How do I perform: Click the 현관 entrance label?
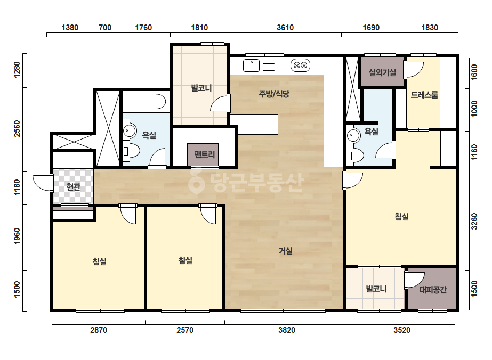click(74, 187)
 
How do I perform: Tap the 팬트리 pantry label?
click(204, 154)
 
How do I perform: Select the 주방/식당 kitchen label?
click(273, 93)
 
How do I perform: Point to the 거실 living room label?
click(286, 251)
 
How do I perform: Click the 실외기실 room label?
click(382, 73)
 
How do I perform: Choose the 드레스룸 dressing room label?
click(424, 95)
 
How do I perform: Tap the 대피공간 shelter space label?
click(433, 290)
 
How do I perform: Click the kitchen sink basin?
click(252, 66)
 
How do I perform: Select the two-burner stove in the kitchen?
click(300, 66)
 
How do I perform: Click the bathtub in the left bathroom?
click(147, 102)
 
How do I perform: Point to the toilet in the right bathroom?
click(355, 155)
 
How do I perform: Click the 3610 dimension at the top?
click(285, 28)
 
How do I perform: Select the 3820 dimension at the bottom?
click(287, 330)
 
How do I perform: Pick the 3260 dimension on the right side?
click(474, 222)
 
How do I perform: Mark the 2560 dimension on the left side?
click(17, 128)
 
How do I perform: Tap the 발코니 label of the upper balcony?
click(201, 88)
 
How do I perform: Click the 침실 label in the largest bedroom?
click(401, 217)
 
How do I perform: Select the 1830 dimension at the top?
click(430, 28)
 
